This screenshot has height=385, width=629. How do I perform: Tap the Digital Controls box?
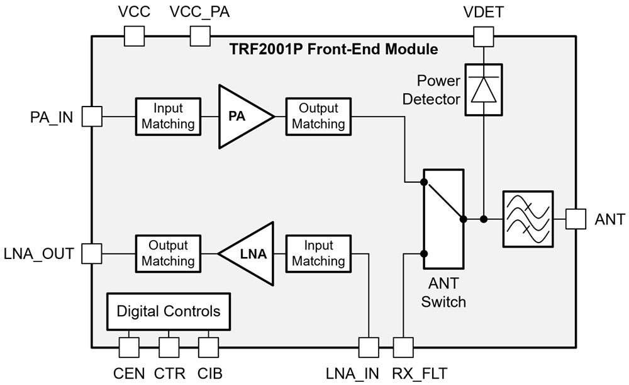pyautogui.click(x=169, y=311)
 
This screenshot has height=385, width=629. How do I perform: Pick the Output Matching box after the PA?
pyautogui.click(x=318, y=116)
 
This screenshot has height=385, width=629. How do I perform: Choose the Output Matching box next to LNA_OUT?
pyautogui.click(x=168, y=253)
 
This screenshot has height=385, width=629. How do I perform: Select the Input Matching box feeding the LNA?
pyautogui.click(x=318, y=253)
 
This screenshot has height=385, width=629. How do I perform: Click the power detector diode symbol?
pyautogui.click(x=484, y=89)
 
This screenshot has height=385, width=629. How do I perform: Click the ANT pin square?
pyautogui.click(x=576, y=219)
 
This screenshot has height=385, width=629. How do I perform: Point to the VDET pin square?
pyautogui.click(x=484, y=36)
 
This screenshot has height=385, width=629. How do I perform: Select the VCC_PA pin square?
pyautogui.click(x=200, y=36)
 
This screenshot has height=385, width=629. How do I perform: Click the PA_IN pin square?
pyautogui.click(x=92, y=116)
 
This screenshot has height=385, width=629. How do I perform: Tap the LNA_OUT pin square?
pyautogui.click(x=92, y=254)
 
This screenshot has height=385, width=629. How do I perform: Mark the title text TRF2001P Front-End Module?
pyautogui.click(x=334, y=49)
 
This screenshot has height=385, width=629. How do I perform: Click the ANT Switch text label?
pyautogui.click(x=443, y=293)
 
